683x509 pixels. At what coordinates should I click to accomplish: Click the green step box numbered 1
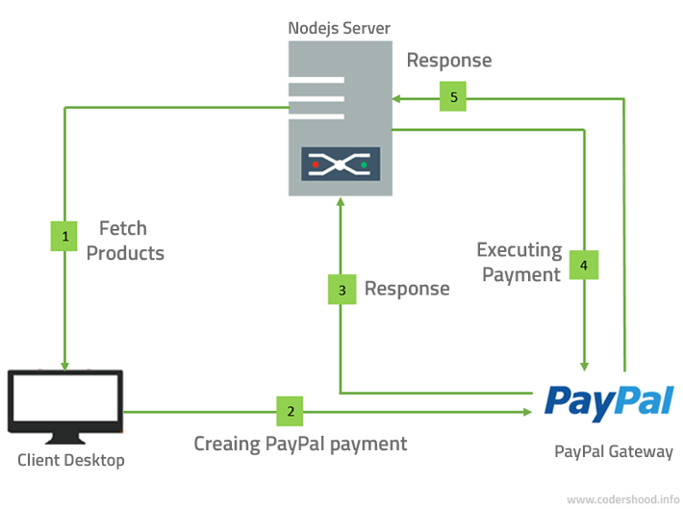(x=63, y=236)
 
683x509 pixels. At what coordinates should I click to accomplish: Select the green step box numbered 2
(x=291, y=411)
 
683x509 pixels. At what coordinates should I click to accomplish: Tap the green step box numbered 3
(x=341, y=290)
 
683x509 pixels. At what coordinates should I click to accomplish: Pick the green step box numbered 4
(x=583, y=265)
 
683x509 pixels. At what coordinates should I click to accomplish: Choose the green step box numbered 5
(x=454, y=97)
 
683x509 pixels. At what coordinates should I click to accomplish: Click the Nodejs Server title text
(x=340, y=26)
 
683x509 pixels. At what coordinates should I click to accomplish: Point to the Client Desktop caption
(x=71, y=460)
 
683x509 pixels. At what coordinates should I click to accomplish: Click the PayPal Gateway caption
(x=614, y=451)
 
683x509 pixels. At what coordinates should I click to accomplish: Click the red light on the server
(x=315, y=165)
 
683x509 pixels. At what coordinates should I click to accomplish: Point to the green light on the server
(x=364, y=165)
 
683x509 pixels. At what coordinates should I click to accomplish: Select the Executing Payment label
(x=519, y=262)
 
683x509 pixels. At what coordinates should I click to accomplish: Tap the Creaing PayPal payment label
(x=300, y=444)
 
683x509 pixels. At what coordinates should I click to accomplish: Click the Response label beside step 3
(x=406, y=289)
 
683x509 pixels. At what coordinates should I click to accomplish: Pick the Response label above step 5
(x=448, y=61)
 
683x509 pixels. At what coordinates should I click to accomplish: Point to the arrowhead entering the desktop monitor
(x=64, y=366)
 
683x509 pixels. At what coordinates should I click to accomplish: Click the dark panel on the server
(x=340, y=165)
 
